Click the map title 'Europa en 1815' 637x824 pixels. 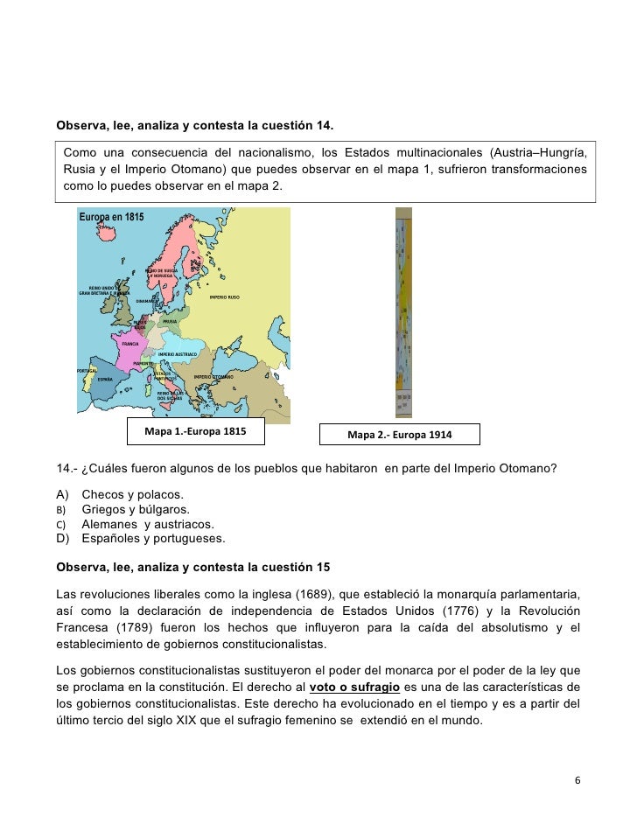click(111, 217)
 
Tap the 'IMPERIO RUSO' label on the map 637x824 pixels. click(224, 297)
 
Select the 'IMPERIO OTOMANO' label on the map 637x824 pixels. click(213, 377)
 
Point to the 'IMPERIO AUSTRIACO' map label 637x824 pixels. click(178, 354)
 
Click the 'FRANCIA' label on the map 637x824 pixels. click(130, 344)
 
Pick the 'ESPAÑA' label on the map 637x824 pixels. click(104, 380)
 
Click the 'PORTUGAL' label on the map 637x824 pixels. click(86, 371)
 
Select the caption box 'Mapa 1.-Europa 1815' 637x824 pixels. click(195, 432)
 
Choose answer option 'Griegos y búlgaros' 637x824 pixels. click(135, 510)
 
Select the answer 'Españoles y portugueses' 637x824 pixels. click(153, 538)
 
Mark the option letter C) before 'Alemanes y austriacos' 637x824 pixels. click(62, 525)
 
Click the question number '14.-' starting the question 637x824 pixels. click(66, 466)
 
